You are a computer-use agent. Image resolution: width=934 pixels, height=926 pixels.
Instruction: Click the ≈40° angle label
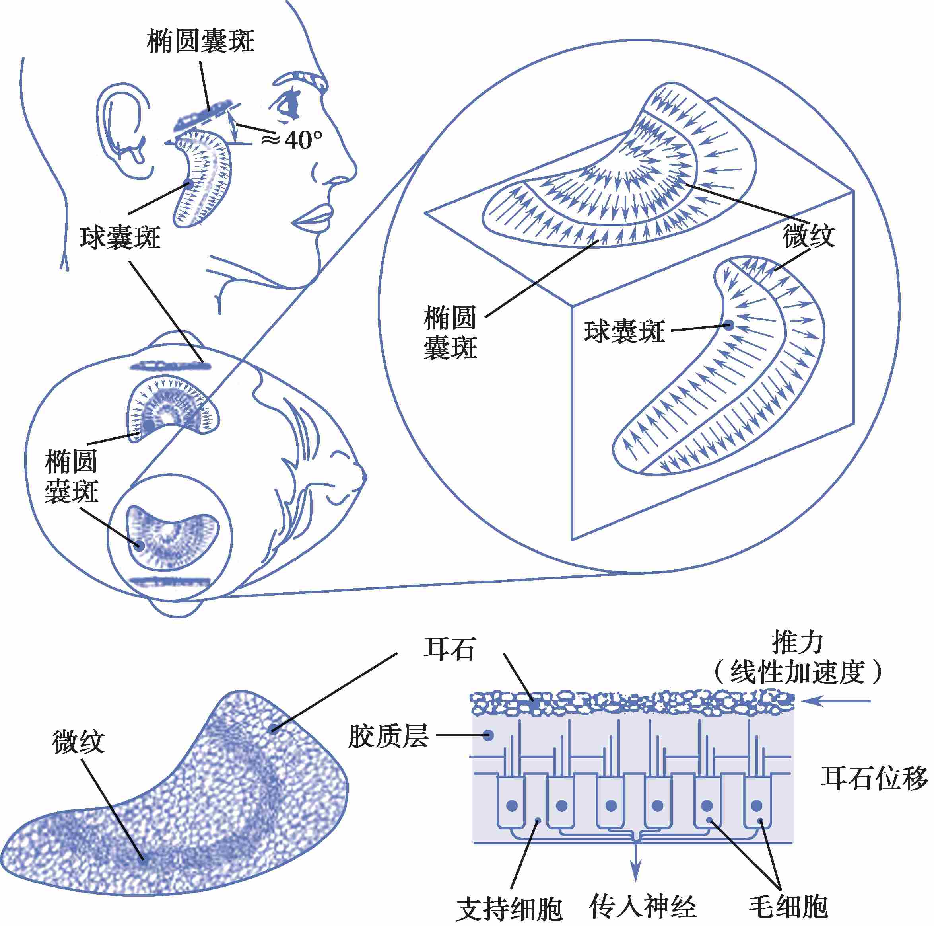(291, 140)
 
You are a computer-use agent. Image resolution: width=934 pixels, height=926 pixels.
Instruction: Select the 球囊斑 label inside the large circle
(624, 331)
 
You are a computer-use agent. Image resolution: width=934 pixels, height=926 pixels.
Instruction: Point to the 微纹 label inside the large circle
(808, 236)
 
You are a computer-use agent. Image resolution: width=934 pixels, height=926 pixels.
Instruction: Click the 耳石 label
(449, 648)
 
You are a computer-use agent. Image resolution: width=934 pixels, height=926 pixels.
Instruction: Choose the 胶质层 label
(388, 736)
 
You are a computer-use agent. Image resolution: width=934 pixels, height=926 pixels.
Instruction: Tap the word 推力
(797, 643)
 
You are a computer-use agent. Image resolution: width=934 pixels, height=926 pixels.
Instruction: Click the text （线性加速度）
(797, 672)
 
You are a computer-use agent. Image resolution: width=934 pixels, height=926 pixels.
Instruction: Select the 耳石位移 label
(874, 778)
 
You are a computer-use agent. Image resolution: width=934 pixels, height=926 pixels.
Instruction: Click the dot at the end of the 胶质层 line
(488, 735)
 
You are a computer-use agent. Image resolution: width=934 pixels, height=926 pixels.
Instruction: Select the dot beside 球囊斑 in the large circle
(728, 325)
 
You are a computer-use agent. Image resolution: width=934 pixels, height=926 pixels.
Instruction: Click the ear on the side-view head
(123, 131)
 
